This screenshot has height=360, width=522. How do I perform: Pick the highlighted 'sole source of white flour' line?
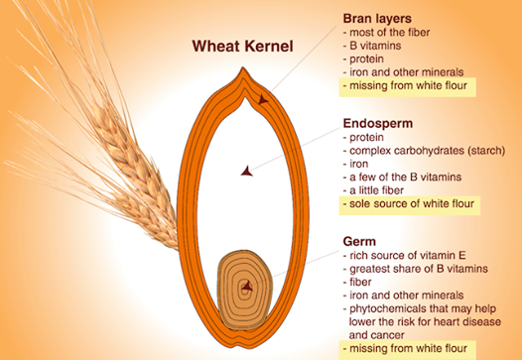click(x=407, y=204)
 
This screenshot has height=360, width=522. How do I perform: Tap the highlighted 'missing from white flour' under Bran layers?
click(x=403, y=86)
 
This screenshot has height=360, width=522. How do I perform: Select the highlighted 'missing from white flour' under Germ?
click(x=403, y=348)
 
